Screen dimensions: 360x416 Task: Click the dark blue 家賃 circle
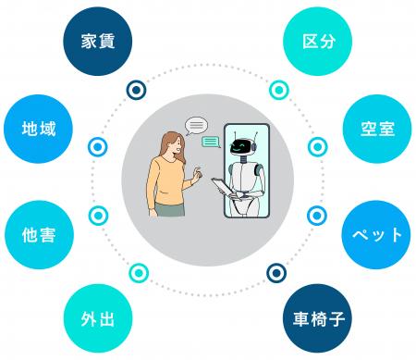[98, 40]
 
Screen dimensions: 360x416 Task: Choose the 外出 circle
[98, 320]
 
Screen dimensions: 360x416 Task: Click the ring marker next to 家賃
[137, 90]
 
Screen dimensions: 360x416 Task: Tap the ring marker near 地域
[96, 147]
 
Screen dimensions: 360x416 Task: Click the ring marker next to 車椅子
[276, 272]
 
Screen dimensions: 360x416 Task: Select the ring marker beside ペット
[319, 215]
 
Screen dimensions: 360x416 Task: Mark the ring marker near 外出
[139, 272]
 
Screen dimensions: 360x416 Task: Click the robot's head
[243, 144]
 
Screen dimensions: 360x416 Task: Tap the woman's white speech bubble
[196, 124]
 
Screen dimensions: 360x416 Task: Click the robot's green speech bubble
[212, 142]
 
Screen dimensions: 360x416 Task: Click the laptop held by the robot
[224, 188]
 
